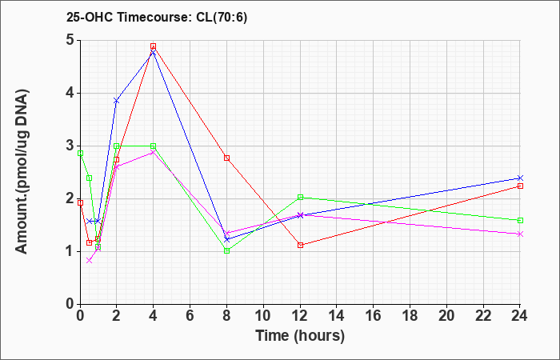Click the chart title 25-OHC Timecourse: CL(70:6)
click(157, 17)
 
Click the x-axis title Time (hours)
click(300, 336)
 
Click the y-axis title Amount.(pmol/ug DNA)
click(22, 172)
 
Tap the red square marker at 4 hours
click(154, 46)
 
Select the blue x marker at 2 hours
click(116, 101)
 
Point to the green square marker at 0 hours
click(80, 154)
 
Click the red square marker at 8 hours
click(226, 158)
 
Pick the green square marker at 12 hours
click(300, 197)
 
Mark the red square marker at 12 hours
click(300, 245)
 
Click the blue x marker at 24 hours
click(520, 178)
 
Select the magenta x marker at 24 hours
click(520, 234)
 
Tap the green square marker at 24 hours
click(520, 220)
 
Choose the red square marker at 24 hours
click(520, 186)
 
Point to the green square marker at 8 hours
click(226, 250)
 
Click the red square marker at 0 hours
click(80, 203)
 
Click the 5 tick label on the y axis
click(70, 40)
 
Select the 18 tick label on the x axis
click(410, 316)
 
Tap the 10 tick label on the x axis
click(263, 316)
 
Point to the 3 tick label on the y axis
click(70, 146)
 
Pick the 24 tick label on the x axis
click(519, 316)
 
